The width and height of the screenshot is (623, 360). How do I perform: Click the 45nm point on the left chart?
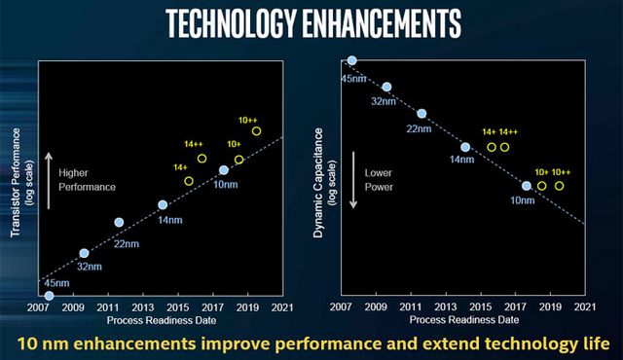tap(49, 296)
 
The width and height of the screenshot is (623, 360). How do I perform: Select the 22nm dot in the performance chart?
tap(119, 222)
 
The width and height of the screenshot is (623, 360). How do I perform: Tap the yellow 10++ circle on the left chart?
tap(256, 131)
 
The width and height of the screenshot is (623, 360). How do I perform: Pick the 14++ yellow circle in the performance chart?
tap(202, 158)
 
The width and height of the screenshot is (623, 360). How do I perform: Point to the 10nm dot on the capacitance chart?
tap(527, 185)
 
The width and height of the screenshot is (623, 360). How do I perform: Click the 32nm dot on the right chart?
tap(386, 87)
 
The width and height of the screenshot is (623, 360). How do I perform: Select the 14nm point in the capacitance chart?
tap(465, 147)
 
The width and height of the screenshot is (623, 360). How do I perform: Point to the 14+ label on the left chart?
tap(181, 167)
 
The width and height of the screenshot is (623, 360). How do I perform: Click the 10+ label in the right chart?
tap(540, 171)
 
